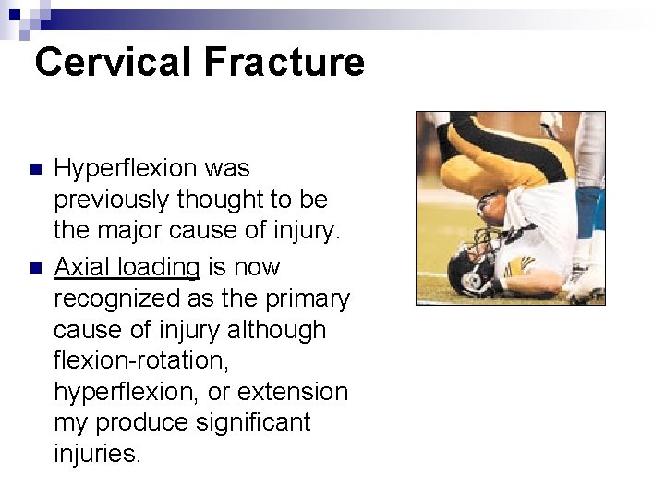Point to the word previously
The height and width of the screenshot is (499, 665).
click(x=111, y=200)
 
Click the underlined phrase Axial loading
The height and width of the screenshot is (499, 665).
click(x=127, y=267)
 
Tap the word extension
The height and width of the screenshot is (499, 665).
click(x=293, y=392)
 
